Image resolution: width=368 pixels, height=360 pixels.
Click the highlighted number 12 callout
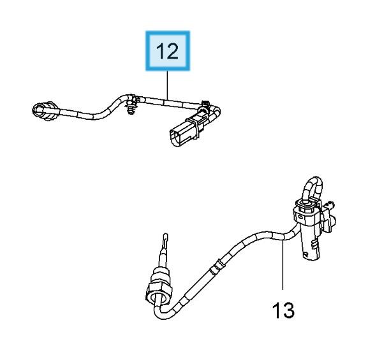click(168, 51)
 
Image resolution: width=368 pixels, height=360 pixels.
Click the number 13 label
click(283, 310)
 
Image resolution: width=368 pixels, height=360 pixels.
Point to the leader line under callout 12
click(167, 85)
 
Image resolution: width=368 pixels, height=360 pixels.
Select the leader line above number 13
click(283, 265)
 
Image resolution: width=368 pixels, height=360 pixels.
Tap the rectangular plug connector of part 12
click(185, 132)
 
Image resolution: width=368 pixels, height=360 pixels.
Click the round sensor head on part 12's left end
click(45, 111)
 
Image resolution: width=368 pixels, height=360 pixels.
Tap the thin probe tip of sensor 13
click(165, 241)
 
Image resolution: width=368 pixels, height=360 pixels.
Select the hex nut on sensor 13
click(156, 291)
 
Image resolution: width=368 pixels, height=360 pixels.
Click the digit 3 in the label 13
click(289, 310)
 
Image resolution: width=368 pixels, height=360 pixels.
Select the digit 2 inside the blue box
click(172, 51)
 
